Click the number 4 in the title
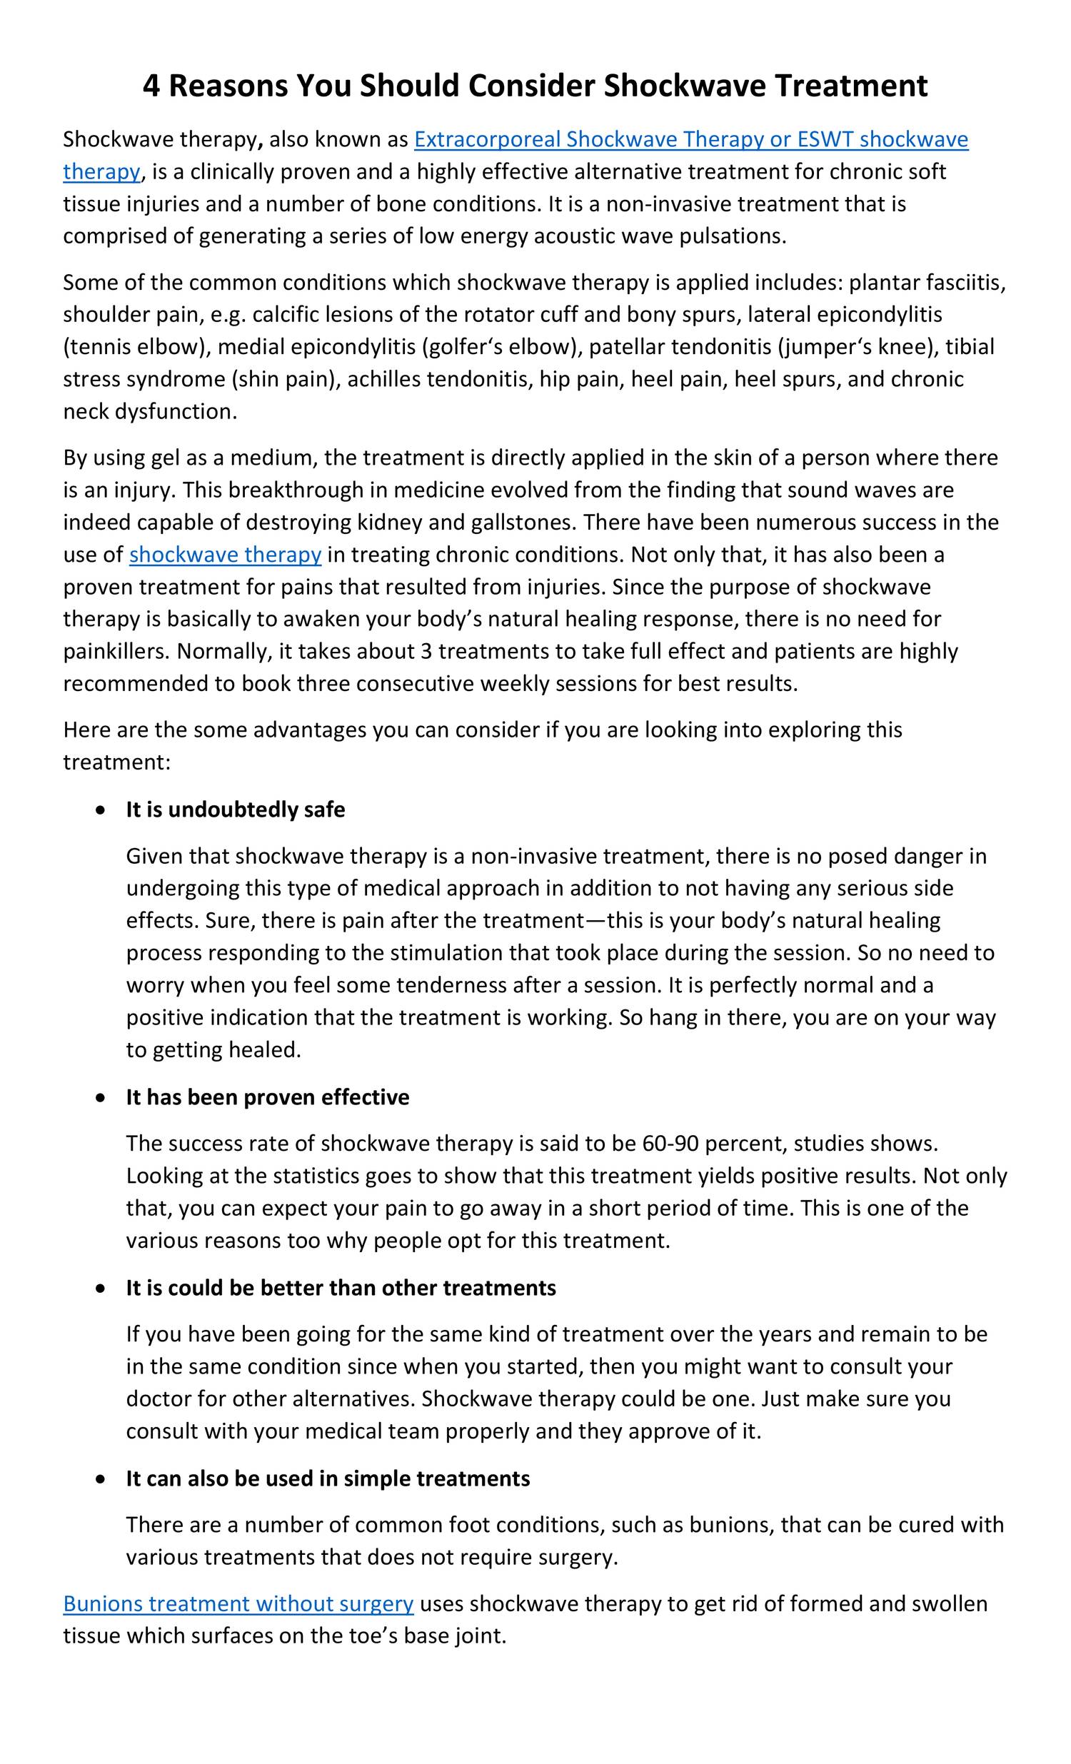pos(152,86)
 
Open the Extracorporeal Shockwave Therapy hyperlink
pos(690,139)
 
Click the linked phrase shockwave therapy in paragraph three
pos(225,554)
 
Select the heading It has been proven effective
pos(267,1097)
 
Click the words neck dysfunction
pos(149,411)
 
